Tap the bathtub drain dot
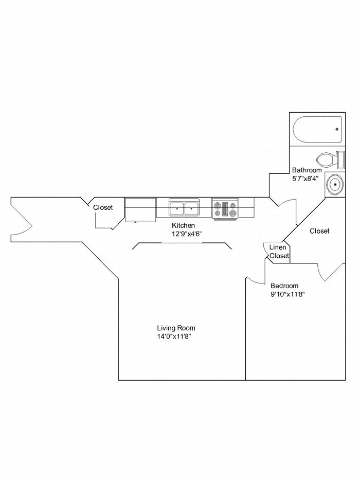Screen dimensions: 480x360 (337, 129)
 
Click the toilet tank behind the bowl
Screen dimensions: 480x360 (340, 159)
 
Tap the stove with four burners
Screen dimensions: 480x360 (225, 209)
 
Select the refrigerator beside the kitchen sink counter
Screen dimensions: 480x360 (140, 209)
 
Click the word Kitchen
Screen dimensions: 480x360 (183, 226)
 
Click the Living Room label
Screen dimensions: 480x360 (176, 328)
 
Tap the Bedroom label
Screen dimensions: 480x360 (284, 286)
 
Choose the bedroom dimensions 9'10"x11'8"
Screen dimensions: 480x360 (288, 295)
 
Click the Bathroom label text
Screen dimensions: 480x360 (307, 170)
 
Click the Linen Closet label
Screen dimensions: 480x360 (279, 252)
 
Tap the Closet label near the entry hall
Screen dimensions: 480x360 (103, 208)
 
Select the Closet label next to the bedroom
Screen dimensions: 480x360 (319, 232)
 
